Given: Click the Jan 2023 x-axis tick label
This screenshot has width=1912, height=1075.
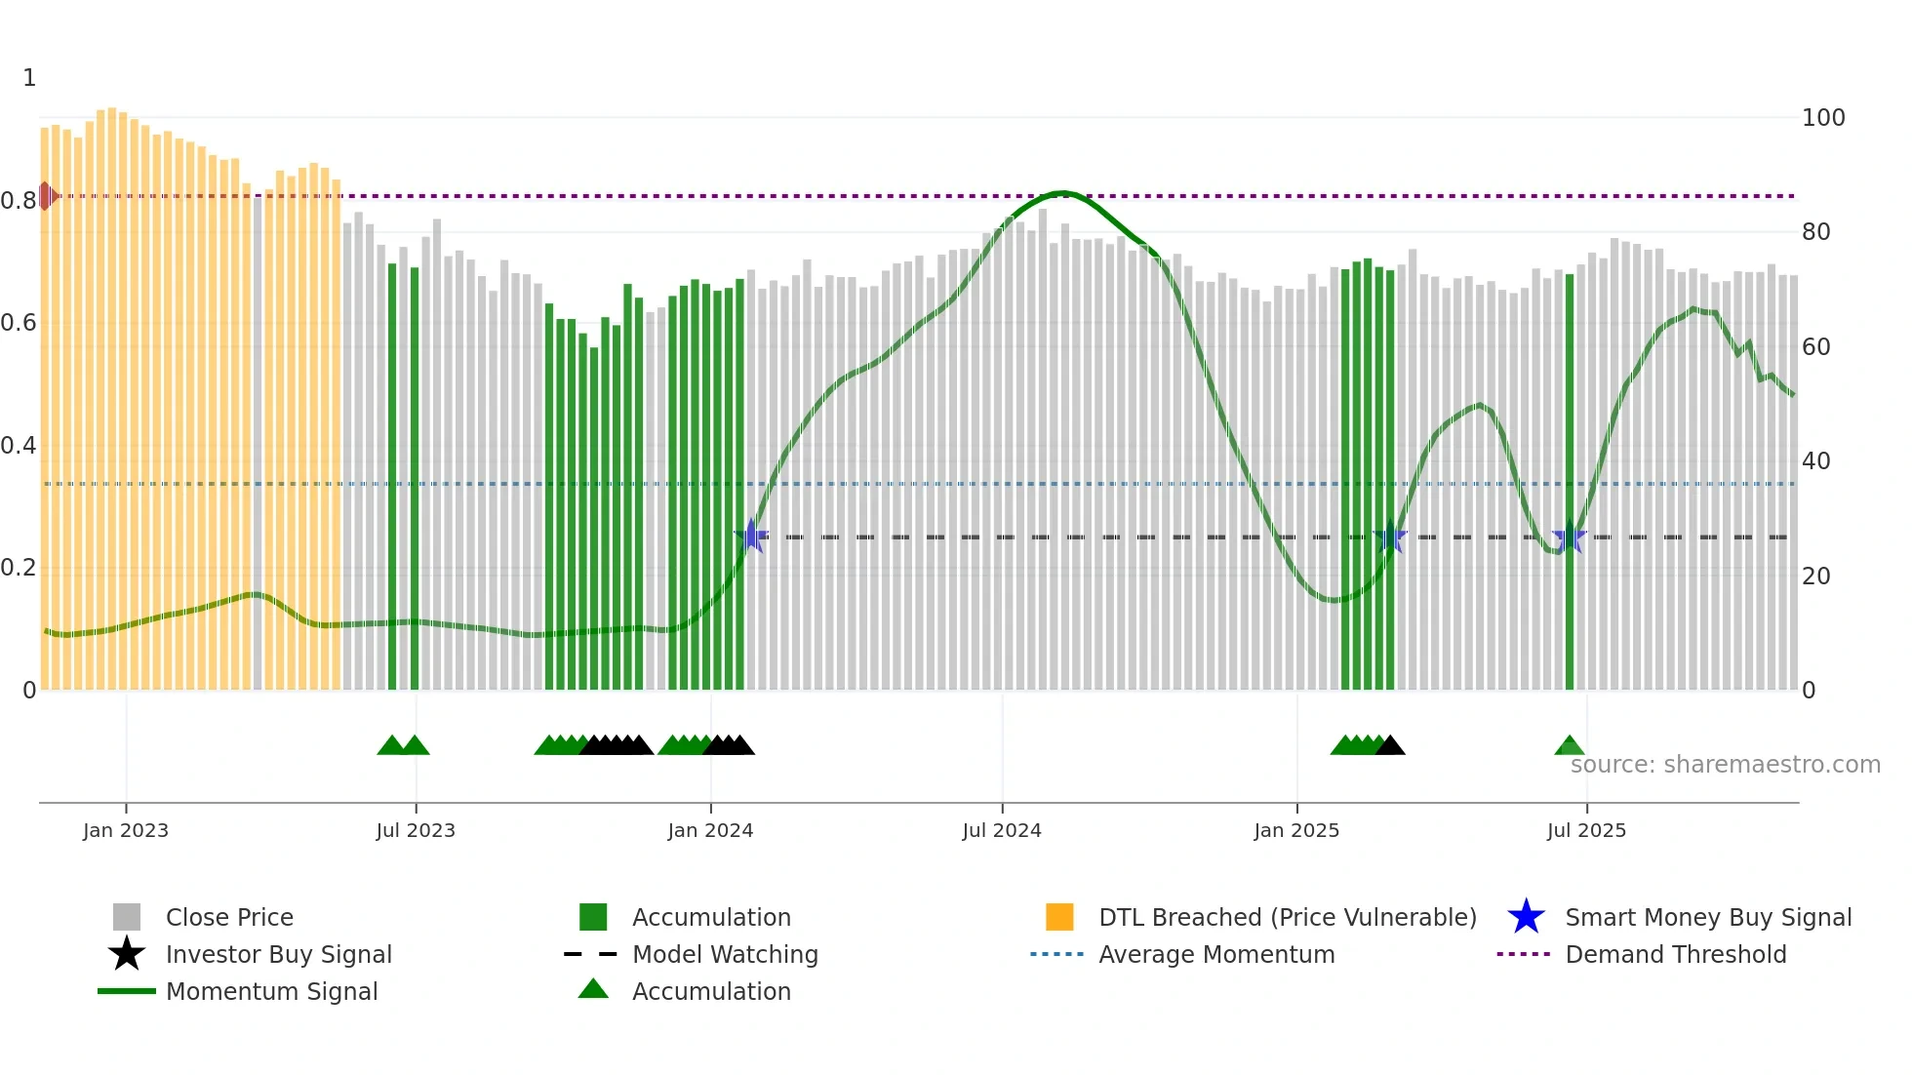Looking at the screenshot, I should [x=125, y=830].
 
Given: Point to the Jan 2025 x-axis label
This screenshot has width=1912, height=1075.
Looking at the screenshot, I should [x=1296, y=830].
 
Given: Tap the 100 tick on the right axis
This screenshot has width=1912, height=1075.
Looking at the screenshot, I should [x=1822, y=118].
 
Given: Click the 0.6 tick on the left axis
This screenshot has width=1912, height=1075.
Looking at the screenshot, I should [x=19, y=323].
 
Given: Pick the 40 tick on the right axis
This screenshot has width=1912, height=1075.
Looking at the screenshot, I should [x=1815, y=461].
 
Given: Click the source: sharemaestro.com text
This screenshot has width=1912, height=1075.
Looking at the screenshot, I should [x=1725, y=765].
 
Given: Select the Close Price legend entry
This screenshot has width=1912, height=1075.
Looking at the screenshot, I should [x=229, y=918].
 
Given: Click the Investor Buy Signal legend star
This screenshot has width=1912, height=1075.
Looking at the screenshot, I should [x=127, y=954].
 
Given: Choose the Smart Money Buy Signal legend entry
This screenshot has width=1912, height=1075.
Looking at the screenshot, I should [x=1707, y=918].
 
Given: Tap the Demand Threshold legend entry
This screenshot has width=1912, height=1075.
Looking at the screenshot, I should [x=1675, y=955].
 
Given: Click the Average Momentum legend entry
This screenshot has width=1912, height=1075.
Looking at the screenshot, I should [x=1215, y=955].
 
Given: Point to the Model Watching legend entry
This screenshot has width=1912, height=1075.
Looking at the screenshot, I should [x=724, y=955].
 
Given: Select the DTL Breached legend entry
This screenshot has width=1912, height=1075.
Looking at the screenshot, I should [x=1287, y=918].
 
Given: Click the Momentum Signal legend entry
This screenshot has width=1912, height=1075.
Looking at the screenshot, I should [x=271, y=992].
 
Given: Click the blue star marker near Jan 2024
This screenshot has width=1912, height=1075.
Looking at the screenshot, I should [x=751, y=536].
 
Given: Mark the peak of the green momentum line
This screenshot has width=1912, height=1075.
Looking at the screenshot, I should [x=1062, y=193].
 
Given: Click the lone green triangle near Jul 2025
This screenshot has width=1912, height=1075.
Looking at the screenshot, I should [x=1569, y=746].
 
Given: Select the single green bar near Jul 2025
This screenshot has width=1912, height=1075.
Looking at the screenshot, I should [x=1570, y=482].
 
